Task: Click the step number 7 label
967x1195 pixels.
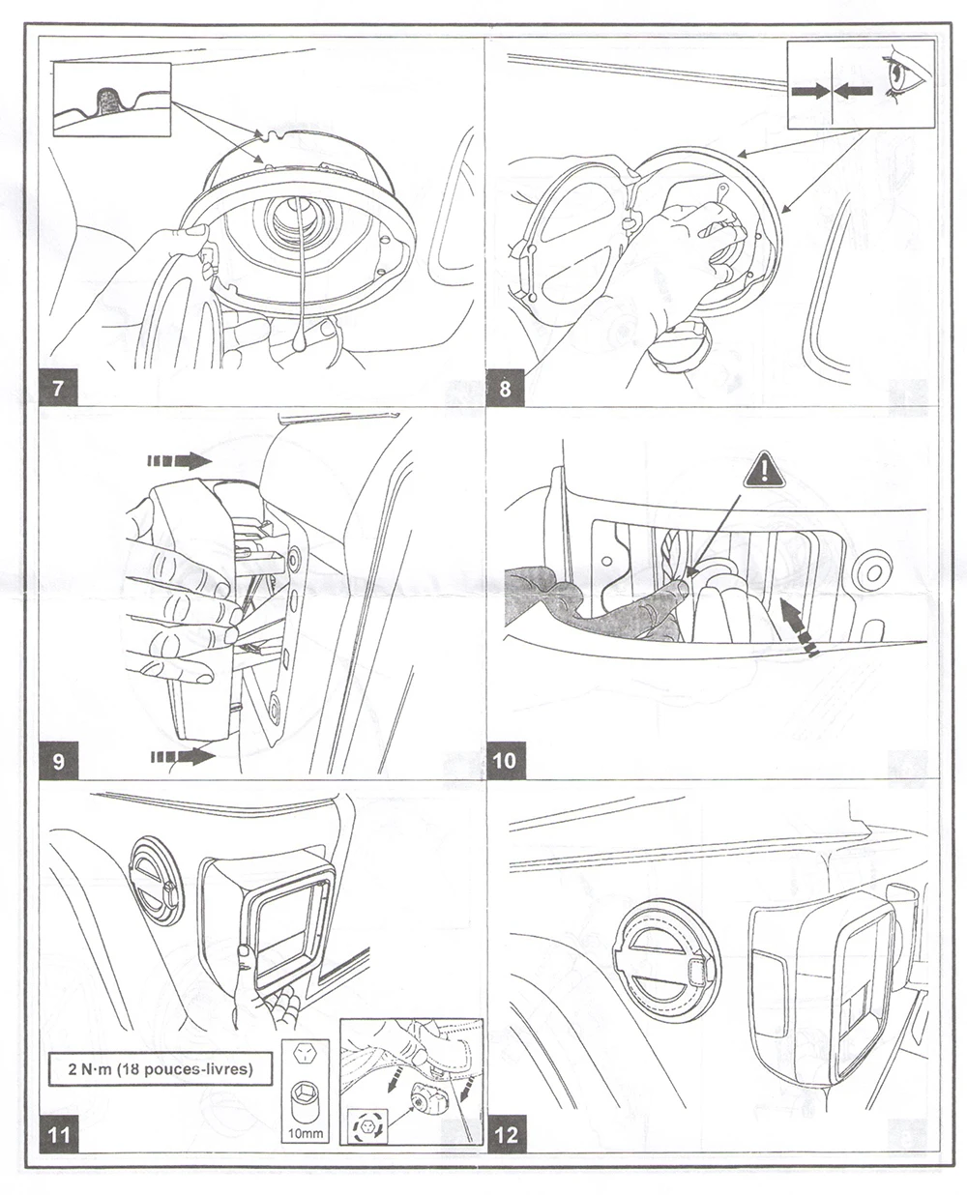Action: pyautogui.click(x=58, y=388)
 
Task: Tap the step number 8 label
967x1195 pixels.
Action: pyautogui.click(x=505, y=388)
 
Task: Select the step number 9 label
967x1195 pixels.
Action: pyautogui.click(x=58, y=761)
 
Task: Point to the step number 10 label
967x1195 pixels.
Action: pyautogui.click(x=506, y=761)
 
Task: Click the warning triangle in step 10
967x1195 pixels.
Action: pyautogui.click(x=764, y=469)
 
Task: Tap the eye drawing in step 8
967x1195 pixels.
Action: pyautogui.click(x=905, y=76)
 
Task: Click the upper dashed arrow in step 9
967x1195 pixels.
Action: pyautogui.click(x=180, y=462)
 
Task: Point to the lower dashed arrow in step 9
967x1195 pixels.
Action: pyautogui.click(x=183, y=757)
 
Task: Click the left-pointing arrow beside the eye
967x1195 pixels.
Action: pyautogui.click(x=853, y=91)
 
